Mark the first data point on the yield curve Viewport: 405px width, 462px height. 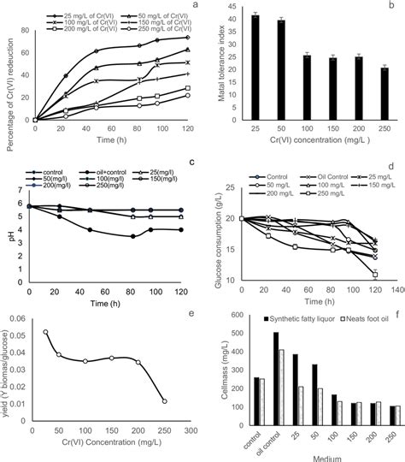pyautogui.click(x=45, y=332)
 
